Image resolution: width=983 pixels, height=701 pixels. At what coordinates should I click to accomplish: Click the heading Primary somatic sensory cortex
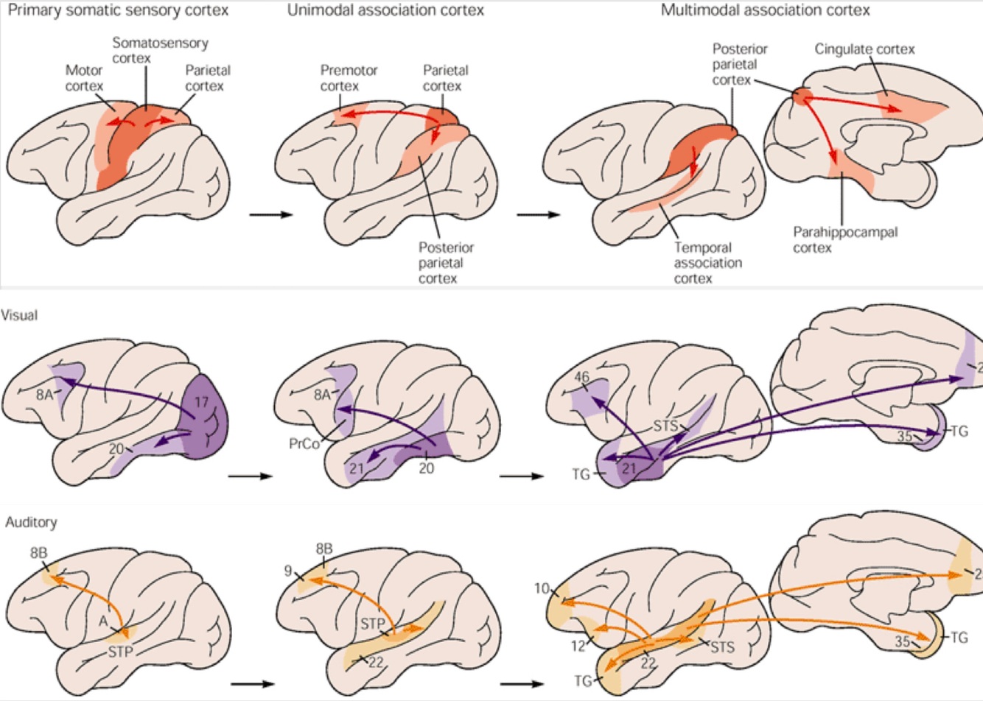(x=117, y=10)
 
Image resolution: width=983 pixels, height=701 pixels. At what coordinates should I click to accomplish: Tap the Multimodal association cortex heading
(x=765, y=10)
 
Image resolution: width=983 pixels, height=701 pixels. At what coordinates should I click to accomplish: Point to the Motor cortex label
(x=85, y=78)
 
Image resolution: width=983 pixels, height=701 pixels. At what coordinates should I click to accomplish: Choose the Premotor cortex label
(x=349, y=78)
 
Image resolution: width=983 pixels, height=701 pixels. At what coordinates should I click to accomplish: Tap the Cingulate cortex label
(x=864, y=49)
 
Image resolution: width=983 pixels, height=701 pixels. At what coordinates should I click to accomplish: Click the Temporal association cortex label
(x=708, y=263)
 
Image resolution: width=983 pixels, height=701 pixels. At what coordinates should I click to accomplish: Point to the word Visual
(x=20, y=315)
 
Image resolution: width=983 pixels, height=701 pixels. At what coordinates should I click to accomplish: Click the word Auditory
(x=31, y=522)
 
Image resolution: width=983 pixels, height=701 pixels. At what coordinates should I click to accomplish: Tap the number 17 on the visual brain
(x=203, y=403)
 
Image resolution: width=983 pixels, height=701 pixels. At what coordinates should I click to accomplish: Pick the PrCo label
(x=304, y=444)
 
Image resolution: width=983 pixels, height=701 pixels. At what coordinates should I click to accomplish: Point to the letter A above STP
(x=104, y=621)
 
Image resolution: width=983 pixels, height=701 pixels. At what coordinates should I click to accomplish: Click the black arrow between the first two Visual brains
(x=251, y=476)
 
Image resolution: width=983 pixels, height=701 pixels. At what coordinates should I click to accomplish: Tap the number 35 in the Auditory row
(x=903, y=641)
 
